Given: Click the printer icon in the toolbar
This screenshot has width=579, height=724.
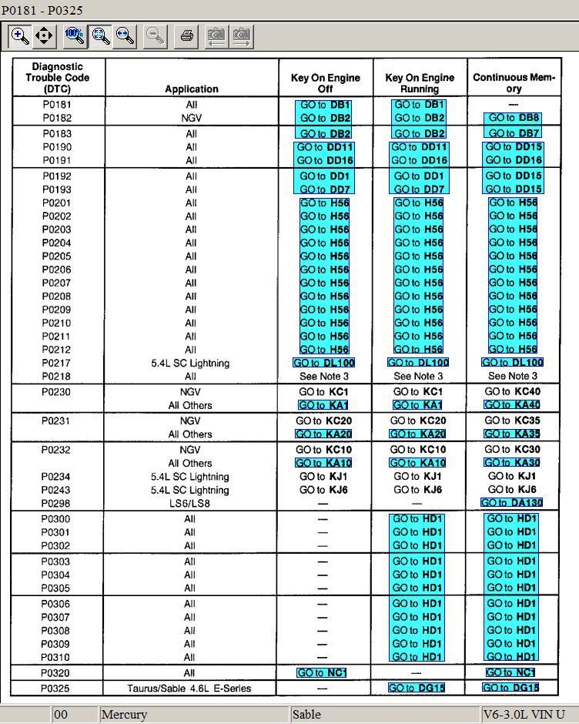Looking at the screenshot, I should coord(186,35).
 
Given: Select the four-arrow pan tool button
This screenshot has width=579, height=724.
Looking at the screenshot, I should coord(44,35).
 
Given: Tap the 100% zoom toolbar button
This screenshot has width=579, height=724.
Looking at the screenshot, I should coord(75,35).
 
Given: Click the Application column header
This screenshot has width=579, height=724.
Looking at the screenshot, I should coord(191,89).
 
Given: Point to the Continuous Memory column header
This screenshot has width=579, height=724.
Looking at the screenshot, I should coord(514,83).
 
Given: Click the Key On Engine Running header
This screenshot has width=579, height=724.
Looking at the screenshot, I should coord(420,83).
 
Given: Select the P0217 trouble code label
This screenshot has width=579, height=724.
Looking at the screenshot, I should coord(57,363).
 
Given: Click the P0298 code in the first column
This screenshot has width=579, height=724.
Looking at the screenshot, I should coord(57,503).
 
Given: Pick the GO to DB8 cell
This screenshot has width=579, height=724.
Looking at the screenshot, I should coord(513,118).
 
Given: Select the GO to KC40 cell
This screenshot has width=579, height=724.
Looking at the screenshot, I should coord(513,392).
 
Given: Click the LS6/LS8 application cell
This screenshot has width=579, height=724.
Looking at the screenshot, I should coord(190,503).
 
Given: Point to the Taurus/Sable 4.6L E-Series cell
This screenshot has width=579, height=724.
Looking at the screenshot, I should coord(189,688).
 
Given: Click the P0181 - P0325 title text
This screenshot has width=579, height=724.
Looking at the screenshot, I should coord(42,10).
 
